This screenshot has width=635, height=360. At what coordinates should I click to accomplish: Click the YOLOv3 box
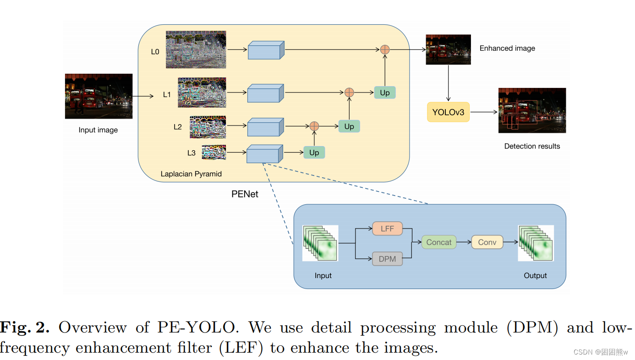pos(448,112)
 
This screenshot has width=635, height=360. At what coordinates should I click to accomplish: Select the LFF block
pos(387,229)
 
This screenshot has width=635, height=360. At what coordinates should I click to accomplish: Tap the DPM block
pos(387,259)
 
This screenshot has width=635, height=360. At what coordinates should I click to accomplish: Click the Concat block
pos(438,242)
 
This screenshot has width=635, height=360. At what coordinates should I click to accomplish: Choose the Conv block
pos(487,242)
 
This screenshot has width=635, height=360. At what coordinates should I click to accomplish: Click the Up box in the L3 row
pos(314,153)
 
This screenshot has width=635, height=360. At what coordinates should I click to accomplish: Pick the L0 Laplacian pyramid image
pos(196,49)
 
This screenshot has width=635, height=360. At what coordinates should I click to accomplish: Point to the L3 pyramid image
pos(214,153)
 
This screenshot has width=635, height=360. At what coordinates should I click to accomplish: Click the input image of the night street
pos(99,96)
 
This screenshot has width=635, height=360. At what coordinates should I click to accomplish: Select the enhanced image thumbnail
pos(442,49)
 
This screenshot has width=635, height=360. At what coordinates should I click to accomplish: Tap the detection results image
pos(532,110)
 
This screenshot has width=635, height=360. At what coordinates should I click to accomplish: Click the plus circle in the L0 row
pos(385,49)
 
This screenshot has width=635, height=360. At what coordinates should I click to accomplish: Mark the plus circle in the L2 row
pos(314,126)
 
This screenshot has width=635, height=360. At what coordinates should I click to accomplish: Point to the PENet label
pos(245,194)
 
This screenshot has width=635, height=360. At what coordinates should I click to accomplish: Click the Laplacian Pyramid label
pos(191,174)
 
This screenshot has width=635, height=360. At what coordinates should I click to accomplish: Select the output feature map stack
pos(536,243)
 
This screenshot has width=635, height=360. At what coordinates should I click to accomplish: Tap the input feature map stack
pos(320,243)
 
